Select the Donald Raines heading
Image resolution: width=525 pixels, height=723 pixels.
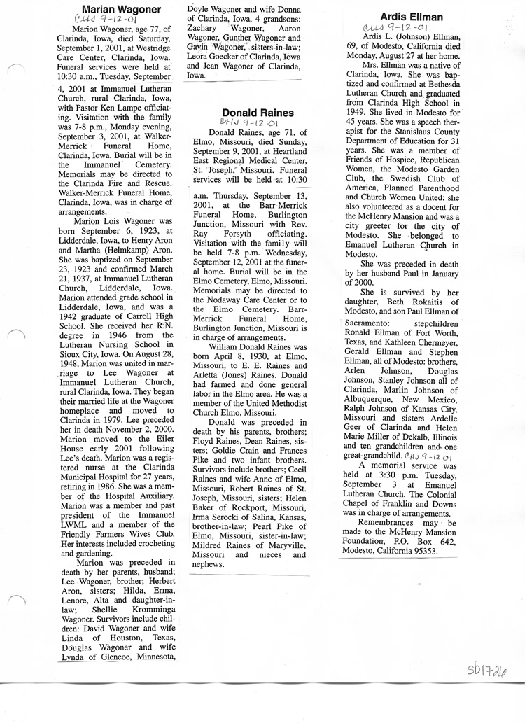coord(258,113)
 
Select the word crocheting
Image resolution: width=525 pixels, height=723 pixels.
coord(150,542)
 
